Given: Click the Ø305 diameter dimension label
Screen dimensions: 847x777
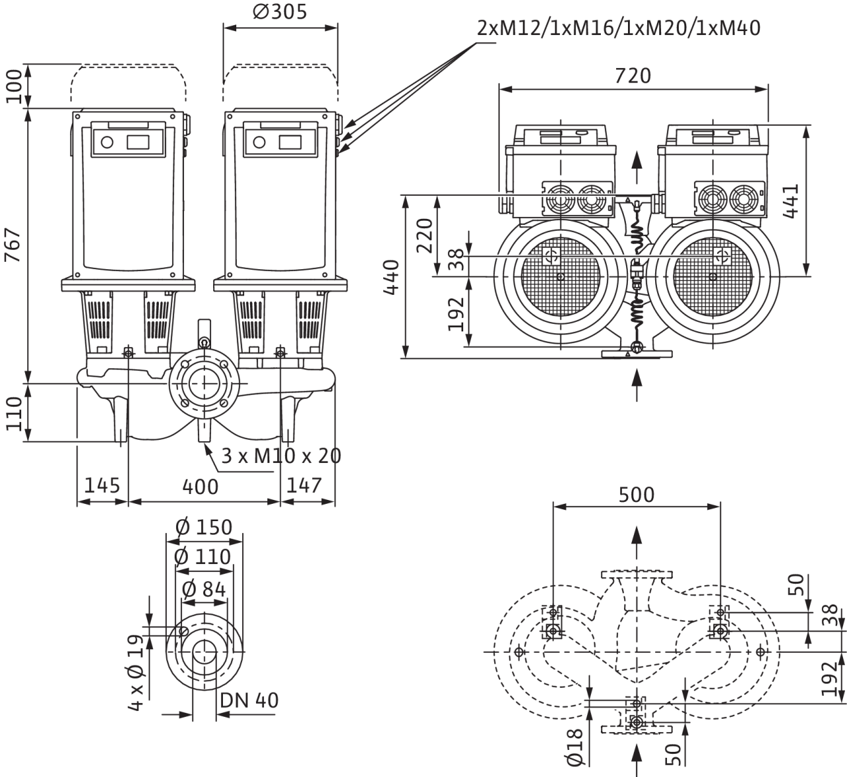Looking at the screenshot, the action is pos(280,12).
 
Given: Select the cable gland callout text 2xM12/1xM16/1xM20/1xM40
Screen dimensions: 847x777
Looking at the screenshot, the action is pos(619,28).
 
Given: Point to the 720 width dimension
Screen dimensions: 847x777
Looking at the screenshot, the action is pos(633,76).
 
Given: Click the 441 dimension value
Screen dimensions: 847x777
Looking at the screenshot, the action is pos(790,201).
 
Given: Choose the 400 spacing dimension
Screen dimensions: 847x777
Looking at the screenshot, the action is pos(200,487).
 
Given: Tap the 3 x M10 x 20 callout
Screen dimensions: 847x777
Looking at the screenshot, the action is pos(281,456).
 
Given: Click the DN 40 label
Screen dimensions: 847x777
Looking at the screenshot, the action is pos(249,700).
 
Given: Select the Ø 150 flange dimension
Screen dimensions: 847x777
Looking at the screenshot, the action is pos(204,527).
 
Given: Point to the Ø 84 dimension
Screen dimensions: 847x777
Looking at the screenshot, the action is pos(204,589).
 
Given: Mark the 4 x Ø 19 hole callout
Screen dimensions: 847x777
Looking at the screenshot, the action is pos(135,672).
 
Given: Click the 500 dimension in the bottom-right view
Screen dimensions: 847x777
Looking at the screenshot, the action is pos(637,495).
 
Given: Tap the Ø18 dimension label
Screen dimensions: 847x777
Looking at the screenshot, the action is pos(574,747).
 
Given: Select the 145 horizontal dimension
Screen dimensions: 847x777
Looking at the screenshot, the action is pos(102,485).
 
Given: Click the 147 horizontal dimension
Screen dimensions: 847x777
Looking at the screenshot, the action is pos(304,485).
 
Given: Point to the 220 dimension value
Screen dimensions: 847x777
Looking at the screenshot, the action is pos(424,235).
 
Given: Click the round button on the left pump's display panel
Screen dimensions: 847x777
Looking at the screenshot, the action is pos(107,142).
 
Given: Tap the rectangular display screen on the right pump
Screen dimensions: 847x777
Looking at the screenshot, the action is pos(290,142).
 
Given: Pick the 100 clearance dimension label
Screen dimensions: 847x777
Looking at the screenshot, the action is pos(13,87).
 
